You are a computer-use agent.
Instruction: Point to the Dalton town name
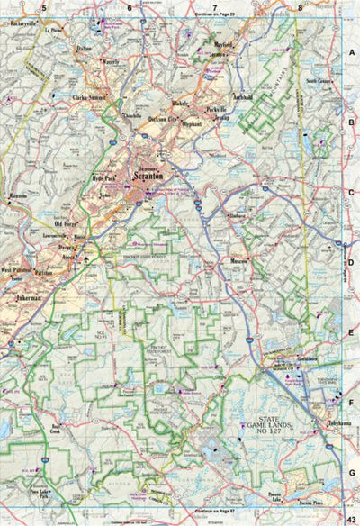(x=85, y=48)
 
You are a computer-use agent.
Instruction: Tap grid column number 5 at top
(x=42, y=8)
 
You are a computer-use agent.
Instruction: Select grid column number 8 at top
(x=300, y=8)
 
